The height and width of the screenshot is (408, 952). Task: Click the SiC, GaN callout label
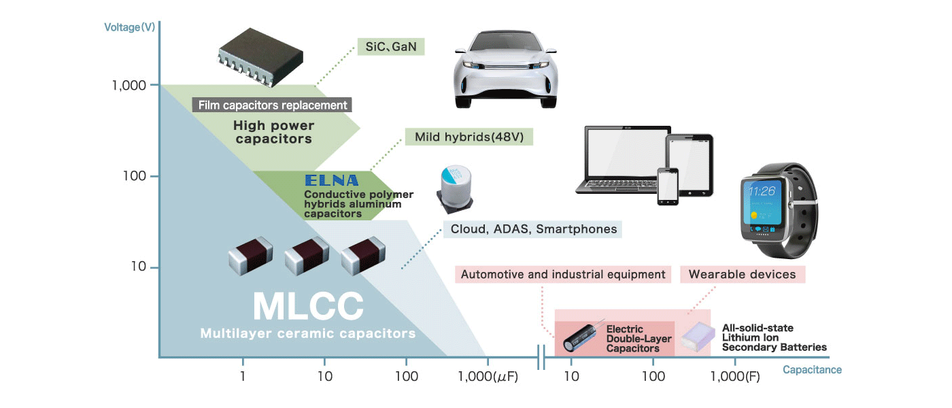coord(390,47)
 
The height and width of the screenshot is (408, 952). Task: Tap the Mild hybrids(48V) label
coord(469,137)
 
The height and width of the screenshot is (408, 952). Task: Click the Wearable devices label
coord(742,275)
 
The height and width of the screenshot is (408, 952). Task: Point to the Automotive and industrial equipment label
coord(563,275)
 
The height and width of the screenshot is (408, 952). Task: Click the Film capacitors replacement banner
coord(272,105)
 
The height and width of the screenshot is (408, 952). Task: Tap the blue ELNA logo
coord(331,181)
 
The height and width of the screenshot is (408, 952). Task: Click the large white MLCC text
coord(308,307)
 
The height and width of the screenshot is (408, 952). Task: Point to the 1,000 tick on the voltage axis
coord(130,86)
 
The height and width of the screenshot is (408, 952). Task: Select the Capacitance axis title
coord(812,370)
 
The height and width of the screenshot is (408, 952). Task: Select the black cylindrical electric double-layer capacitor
coord(583,337)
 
